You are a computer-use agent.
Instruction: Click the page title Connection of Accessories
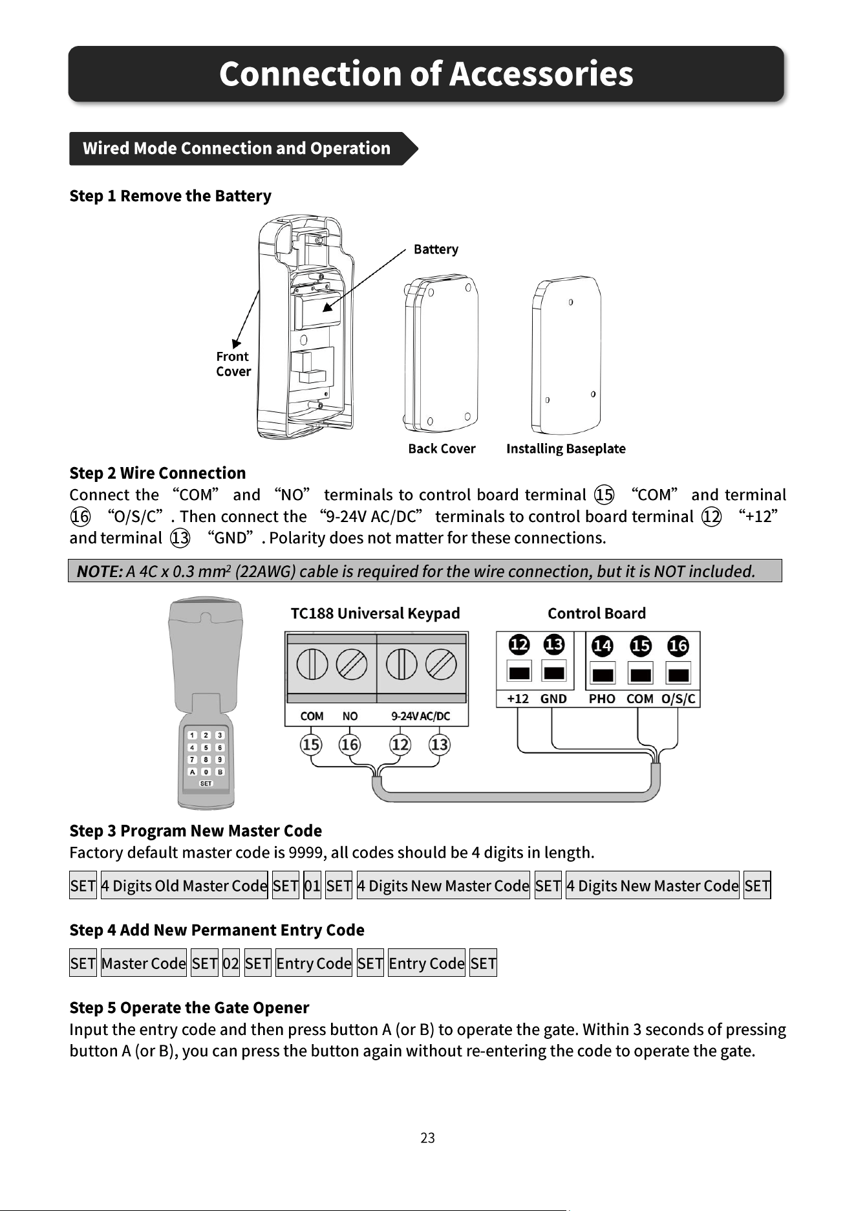pyautogui.click(x=426, y=74)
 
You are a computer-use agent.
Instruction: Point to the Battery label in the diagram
pyautogui.click(x=436, y=249)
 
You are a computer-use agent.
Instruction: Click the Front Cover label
pyautogui.click(x=233, y=364)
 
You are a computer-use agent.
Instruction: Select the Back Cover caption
pyautogui.click(x=442, y=449)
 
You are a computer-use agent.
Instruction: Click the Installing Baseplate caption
pyautogui.click(x=566, y=449)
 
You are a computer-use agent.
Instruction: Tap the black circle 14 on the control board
pyautogui.click(x=603, y=646)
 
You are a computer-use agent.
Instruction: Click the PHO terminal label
pyautogui.click(x=602, y=699)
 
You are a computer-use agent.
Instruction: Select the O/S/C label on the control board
pyautogui.click(x=678, y=699)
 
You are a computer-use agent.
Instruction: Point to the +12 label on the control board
pyautogui.click(x=518, y=699)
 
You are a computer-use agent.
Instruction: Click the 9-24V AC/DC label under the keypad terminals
pyautogui.click(x=421, y=716)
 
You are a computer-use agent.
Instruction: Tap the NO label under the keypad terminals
pyautogui.click(x=350, y=716)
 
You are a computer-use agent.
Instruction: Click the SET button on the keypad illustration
pyautogui.click(x=206, y=783)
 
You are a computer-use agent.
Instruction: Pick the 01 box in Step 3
pyautogui.click(x=312, y=886)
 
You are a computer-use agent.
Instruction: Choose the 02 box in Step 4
pyautogui.click(x=231, y=963)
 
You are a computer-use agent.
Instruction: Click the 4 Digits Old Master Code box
pyautogui.click(x=184, y=886)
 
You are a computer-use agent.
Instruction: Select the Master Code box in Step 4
pyautogui.click(x=144, y=963)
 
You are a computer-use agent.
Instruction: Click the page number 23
pyautogui.click(x=428, y=1138)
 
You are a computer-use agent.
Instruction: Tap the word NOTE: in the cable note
pyautogui.click(x=100, y=571)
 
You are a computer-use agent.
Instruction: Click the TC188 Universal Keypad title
pyautogui.click(x=375, y=613)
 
